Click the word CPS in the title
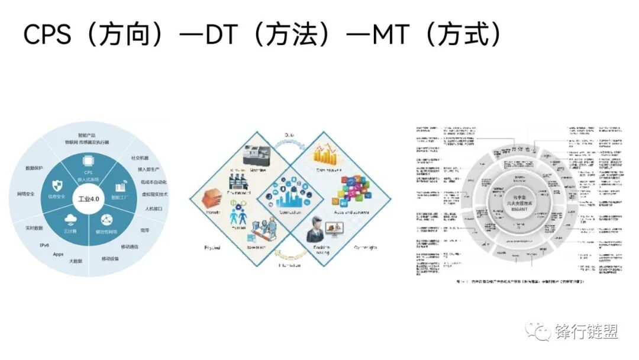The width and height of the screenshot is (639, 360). click(x=47, y=35)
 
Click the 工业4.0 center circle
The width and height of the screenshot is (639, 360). click(x=87, y=200)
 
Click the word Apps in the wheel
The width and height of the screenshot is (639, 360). click(x=58, y=254)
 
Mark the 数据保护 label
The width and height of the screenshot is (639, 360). click(x=34, y=168)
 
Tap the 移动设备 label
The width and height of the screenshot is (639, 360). click(x=111, y=259)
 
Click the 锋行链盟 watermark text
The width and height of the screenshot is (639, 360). click(x=586, y=332)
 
